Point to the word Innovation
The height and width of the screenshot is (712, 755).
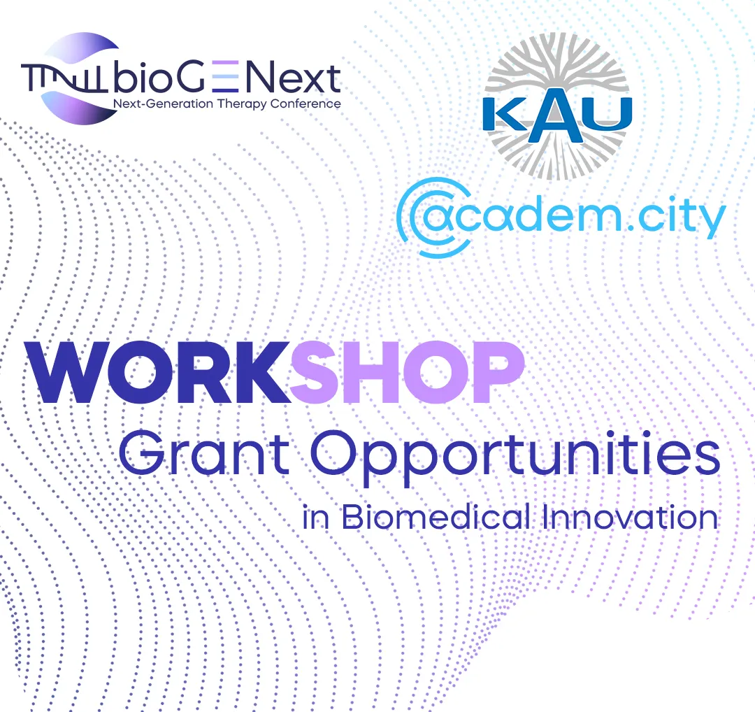[631, 516]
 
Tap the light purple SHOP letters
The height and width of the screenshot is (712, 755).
[408, 371]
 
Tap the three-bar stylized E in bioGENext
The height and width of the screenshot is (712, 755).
[225, 76]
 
